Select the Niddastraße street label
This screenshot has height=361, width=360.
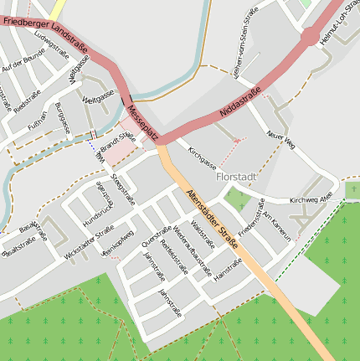(240, 101)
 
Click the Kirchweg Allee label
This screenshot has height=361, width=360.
(311, 200)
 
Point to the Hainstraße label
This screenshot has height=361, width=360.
(228, 268)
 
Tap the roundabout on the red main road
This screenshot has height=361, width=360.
(311, 36)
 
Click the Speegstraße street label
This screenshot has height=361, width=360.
(122, 190)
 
